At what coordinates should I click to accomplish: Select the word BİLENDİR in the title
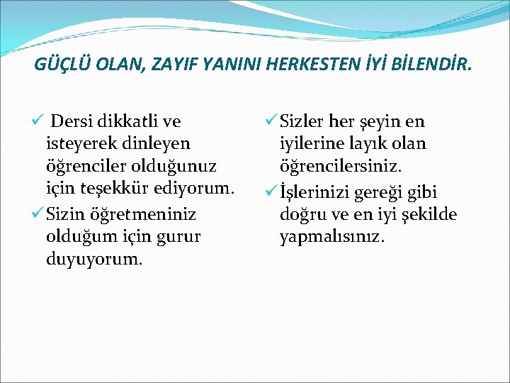click(x=427, y=66)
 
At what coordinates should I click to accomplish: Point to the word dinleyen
click(x=157, y=144)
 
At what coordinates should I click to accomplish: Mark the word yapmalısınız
click(x=332, y=237)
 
